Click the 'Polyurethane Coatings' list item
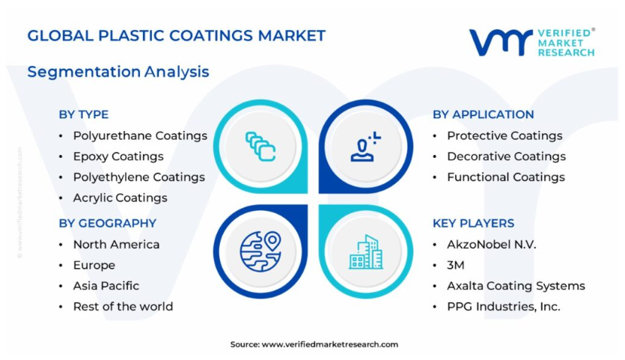coord(140,136)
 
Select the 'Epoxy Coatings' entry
coord(118,156)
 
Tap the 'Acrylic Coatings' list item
coord(120,198)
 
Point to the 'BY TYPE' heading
coord(83,115)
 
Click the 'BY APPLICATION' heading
coord(483,115)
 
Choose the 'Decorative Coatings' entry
coord(506,156)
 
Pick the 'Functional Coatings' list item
coord(506,177)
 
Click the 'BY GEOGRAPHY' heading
coord(108,223)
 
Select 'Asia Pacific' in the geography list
coord(106,286)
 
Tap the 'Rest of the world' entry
coord(123,307)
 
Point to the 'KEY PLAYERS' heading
coord(474,223)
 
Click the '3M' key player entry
coord(456,265)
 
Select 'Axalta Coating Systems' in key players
coord(516,286)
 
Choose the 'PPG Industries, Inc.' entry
coord(504,307)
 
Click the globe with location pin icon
coord(260,251)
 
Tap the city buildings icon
coord(366,252)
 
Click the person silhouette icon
coord(365,147)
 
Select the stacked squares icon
coord(260,146)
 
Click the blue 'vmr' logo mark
coord(501,42)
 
